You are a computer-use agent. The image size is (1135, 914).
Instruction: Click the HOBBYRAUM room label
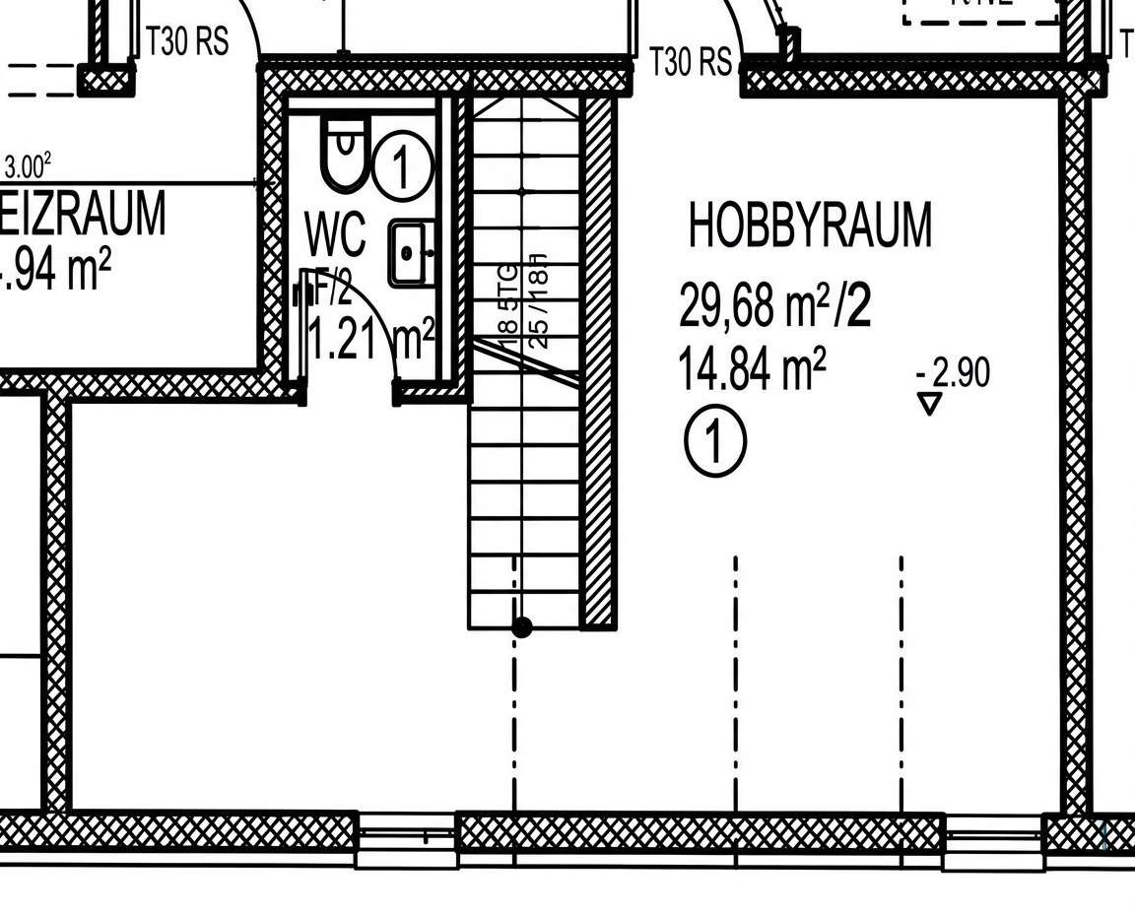click(809, 227)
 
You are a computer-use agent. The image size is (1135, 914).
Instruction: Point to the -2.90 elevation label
click(953, 373)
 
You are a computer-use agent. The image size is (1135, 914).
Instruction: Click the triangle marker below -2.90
click(929, 404)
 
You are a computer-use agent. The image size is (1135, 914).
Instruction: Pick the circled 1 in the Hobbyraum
click(715, 440)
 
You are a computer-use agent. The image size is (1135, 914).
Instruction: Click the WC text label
click(336, 234)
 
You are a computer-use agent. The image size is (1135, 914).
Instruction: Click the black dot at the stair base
click(522, 626)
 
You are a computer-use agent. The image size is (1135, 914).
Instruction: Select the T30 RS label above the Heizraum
click(186, 42)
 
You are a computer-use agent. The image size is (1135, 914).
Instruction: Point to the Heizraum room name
click(83, 216)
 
